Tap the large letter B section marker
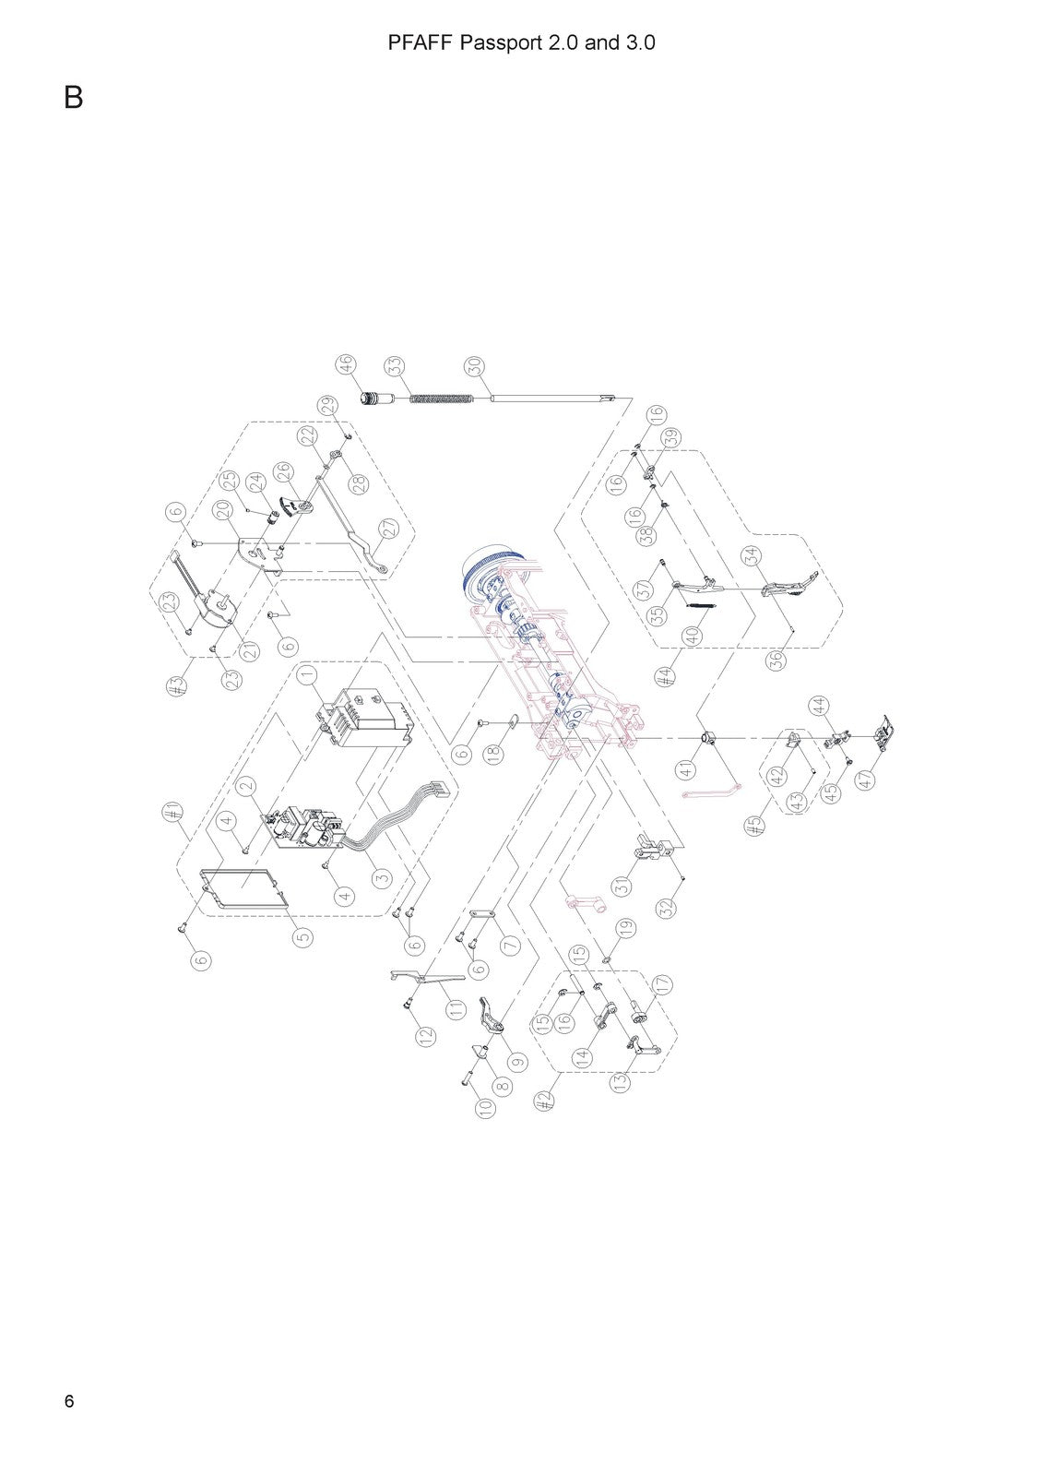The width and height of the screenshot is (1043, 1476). [x=73, y=98]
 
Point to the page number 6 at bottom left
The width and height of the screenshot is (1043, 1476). [x=69, y=1401]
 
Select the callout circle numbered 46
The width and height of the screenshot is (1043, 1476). [x=346, y=364]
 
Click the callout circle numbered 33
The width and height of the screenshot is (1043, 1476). [x=396, y=366]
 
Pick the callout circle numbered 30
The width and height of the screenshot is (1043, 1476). [x=476, y=366]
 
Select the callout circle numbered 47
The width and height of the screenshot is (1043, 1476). [x=866, y=779]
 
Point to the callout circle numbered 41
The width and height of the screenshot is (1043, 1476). [x=686, y=769]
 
